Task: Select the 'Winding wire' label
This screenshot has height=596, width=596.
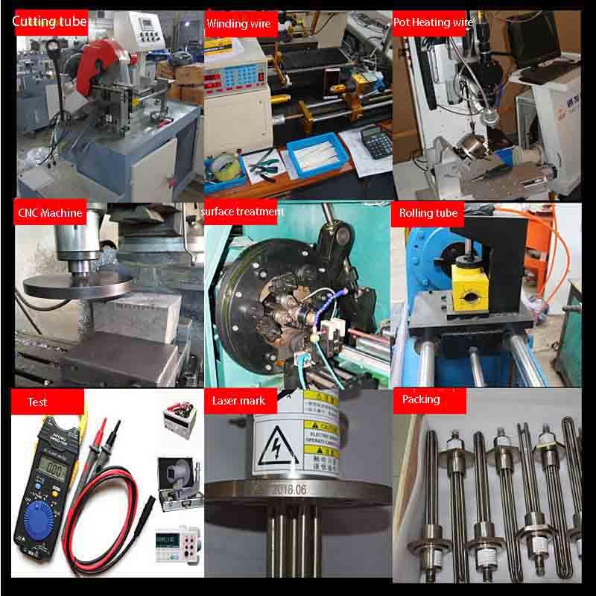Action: [238, 23]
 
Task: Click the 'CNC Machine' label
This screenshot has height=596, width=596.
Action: [51, 213]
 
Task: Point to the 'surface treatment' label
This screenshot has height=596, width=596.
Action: [242, 212]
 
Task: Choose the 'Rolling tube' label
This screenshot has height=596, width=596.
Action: [428, 213]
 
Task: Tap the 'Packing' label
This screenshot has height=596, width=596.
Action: [421, 399]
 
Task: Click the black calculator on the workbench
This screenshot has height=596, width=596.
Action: [375, 141]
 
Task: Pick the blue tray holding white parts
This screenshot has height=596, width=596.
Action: [314, 157]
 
